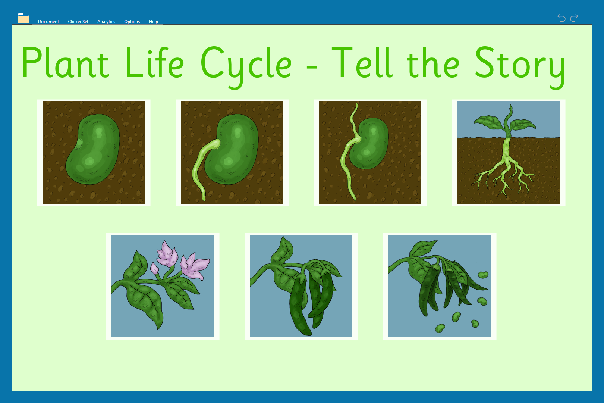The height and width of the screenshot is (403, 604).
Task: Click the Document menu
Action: coord(48,22)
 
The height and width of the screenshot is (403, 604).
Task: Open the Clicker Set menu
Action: coord(78,22)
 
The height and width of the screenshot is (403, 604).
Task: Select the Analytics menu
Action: coord(106,22)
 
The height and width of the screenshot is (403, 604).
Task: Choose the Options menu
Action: coord(132,22)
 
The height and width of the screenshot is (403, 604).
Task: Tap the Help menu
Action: coord(153,22)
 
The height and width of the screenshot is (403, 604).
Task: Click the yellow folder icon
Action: coord(23,18)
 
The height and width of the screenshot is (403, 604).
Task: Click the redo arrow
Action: coord(574,18)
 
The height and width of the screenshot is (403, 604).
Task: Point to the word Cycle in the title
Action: coord(246,66)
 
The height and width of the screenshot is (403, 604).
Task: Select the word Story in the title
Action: coord(520,66)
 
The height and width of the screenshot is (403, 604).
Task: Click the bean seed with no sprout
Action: coord(94,153)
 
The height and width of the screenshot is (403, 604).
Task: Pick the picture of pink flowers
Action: coord(163,286)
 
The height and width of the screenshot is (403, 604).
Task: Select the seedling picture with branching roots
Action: coord(509,153)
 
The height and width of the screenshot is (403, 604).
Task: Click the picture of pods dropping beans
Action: coord(440,286)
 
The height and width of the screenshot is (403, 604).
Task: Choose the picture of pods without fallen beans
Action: coord(301,286)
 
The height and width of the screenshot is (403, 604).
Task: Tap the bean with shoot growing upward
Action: coord(370,153)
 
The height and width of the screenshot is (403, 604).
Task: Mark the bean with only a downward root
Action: coord(232,153)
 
